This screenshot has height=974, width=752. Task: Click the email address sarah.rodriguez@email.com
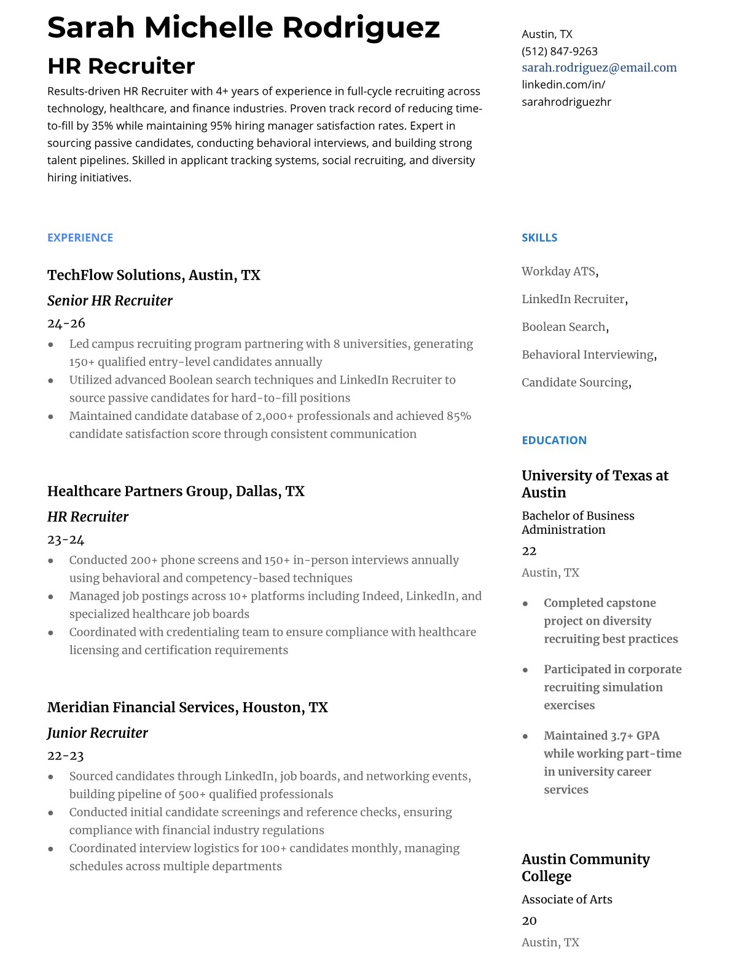click(599, 68)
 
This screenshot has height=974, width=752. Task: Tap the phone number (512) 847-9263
click(559, 51)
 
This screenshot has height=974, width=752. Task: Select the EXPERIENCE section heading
click(80, 237)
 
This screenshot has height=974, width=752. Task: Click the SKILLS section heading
click(539, 237)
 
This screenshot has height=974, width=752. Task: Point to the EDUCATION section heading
click(554, 440)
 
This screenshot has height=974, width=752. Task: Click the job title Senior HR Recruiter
click(110, 301)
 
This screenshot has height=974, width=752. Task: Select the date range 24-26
click(66, 323)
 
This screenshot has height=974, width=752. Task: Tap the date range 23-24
click(66, 540)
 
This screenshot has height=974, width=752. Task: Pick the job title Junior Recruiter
click(98, 733)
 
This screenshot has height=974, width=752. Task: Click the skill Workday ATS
click(558, 271)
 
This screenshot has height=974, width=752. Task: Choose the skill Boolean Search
click(563, 327)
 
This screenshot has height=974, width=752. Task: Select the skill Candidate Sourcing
click(575, 382)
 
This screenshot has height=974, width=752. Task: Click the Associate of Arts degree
click(566, 899)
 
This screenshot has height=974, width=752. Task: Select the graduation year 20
click(529, 921)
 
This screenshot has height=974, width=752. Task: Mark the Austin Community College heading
click(585, 868)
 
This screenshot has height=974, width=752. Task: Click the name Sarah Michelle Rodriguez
click(243, 28)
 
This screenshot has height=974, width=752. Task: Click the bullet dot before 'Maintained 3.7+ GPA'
click(525, 736)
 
